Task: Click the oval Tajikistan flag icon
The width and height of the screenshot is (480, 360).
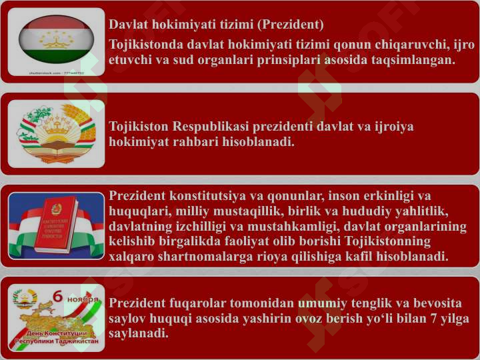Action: [56, 39]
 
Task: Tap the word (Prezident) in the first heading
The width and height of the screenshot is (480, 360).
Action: [290, 25]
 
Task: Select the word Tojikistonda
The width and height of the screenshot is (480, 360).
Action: [146, 45]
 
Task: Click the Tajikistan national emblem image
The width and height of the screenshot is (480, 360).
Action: [56, 134]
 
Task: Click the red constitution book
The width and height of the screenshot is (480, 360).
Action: [56, 225]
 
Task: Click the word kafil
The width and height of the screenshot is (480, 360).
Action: [359, 256]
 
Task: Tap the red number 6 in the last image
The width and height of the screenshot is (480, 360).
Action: [57, 296]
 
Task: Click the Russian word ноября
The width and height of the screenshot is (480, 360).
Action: [83, 299]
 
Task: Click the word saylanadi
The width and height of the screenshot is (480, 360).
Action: [139, 333]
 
